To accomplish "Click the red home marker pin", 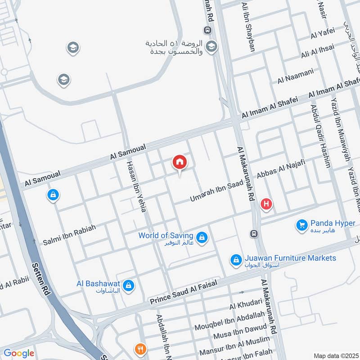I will pos(180,162).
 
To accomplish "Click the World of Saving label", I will pos(166,235).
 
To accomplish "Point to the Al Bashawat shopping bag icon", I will pos(129,285).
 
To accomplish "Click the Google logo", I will pos(19,353).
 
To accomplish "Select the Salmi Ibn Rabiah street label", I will pos(69,235).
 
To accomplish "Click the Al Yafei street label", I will pos(323,32).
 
